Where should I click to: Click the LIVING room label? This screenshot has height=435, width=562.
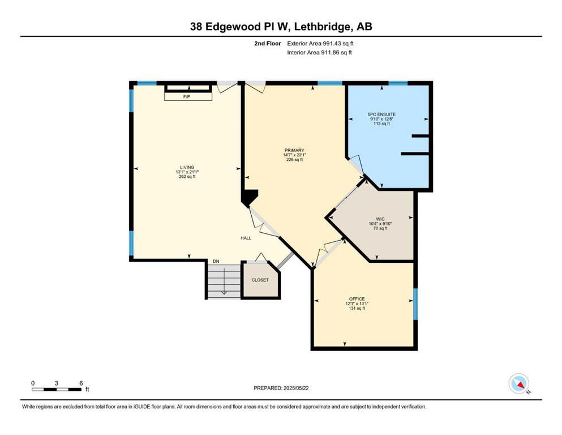point(187,168)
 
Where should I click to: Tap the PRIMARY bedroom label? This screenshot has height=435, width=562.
point(294,151)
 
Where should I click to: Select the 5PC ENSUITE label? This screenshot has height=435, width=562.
point(381,114)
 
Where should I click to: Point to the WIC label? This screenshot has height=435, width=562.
point(380,219)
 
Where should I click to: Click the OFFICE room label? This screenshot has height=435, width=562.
point(357,298)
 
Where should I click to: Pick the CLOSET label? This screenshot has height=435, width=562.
point(260,280)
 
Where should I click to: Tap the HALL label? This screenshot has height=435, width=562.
point(246,238)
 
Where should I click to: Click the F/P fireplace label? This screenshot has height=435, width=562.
point(187,97)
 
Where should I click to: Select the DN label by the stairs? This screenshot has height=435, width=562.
point(216,262)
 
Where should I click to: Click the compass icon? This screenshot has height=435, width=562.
point(518,383)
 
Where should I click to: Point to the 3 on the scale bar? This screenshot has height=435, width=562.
point(56,383)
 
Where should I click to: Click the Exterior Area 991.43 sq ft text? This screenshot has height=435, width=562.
point(320,44)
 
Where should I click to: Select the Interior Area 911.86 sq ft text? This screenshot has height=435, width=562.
point(319,53)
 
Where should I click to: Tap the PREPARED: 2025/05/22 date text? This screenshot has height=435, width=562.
point(281,388)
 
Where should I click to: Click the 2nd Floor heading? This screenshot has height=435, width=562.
point(268,44)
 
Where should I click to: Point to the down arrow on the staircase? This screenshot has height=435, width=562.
point(224,281)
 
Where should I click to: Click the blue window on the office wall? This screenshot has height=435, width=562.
point(415,304)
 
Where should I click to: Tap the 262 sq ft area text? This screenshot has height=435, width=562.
point(187,177)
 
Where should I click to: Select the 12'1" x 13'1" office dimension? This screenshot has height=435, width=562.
point(357,304)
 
